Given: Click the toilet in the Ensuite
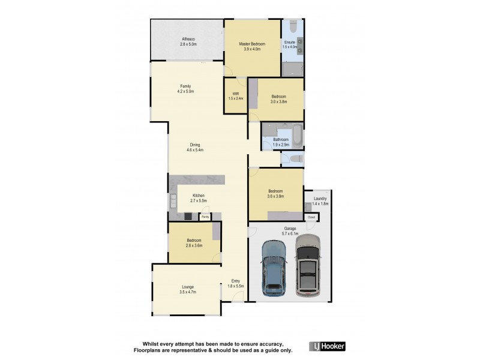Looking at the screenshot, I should (293, 28).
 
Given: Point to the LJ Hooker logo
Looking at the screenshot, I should (327, 346).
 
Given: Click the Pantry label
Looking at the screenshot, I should (205, 217).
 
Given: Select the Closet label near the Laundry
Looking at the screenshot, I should (311, 217).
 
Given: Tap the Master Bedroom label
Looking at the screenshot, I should (252, 44).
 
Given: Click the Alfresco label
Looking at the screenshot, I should (188, 40).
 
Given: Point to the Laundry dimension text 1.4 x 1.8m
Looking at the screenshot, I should (320, 204).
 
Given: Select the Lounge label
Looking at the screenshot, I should (188, 287).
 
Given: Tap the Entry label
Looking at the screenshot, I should (235, 281).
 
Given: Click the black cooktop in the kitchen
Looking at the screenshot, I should (188, 217).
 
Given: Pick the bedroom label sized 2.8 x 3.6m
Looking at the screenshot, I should (194, 245).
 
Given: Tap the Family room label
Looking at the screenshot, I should (185, 86).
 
